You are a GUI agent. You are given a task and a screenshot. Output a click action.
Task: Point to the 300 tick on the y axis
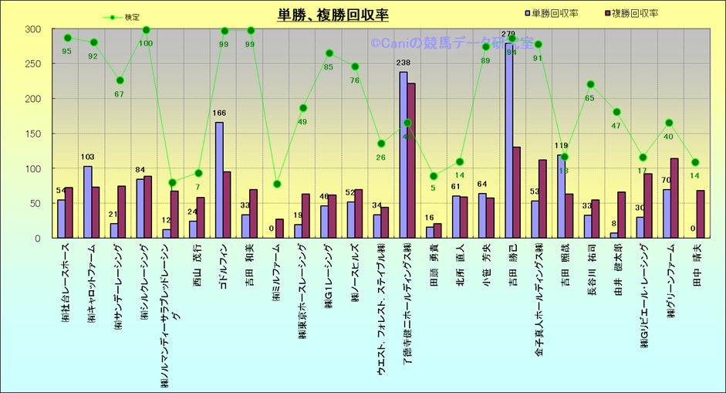coord(32,29)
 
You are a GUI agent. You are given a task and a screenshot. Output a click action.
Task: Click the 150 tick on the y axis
coord(32,134)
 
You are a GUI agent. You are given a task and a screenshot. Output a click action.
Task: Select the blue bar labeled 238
coord(404,154)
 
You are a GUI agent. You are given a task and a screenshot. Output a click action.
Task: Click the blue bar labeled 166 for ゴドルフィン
coord(220,180)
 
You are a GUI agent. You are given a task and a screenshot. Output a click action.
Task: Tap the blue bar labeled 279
coord(509,139)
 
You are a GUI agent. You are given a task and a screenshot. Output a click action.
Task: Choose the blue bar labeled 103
coord(88,202)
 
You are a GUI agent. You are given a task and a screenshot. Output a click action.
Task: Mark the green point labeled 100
coord(147,30)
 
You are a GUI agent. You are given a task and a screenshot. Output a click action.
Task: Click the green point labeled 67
coord(120,80)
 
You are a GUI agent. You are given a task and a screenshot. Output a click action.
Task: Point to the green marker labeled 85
coord(329,53)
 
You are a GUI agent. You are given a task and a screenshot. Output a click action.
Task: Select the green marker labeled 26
coord(381,144)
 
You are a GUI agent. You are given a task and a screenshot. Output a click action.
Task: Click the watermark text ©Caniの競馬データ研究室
coord(451,44)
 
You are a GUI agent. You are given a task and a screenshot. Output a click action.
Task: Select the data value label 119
coord(562,146)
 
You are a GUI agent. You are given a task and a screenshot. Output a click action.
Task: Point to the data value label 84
coord(140,171)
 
